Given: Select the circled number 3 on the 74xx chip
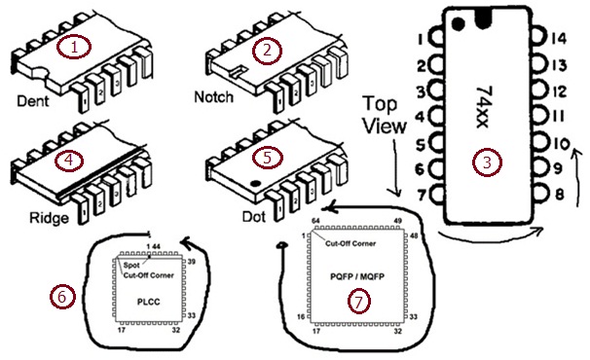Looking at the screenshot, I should click(486, 162).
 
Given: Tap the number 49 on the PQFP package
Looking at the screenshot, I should click(400, 221).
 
